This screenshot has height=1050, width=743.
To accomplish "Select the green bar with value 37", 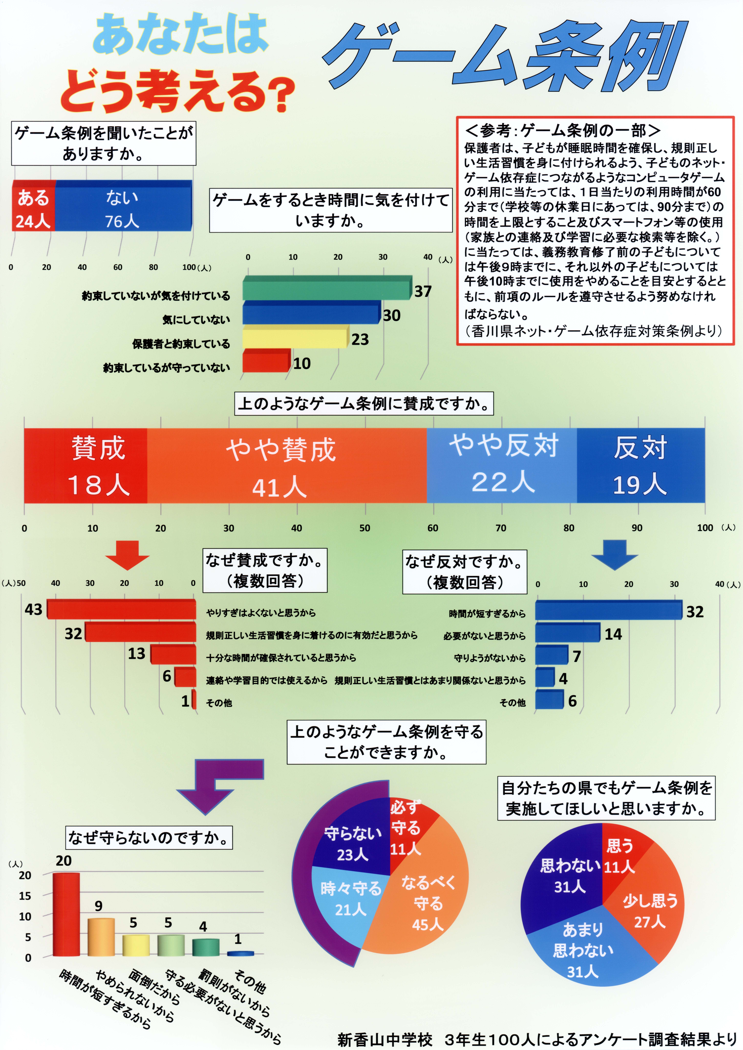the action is pyautogui.click(x=327, y=288).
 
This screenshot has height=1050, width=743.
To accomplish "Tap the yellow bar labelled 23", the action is pyautogui.click(x=295, y=337).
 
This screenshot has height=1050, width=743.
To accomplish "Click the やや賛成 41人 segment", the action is pyautogui.click(x=287, y=466).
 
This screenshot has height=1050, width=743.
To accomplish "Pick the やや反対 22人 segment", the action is pyautogui.click(x=502, y=466).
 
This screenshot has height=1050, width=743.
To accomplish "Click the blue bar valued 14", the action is pyautogui.click(x=567, y=633).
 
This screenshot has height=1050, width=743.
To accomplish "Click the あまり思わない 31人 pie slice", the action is pyautogui.click(x=586, y=947).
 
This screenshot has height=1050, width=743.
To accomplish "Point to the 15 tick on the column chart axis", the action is pyautogui.click(x=25, y=896).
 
